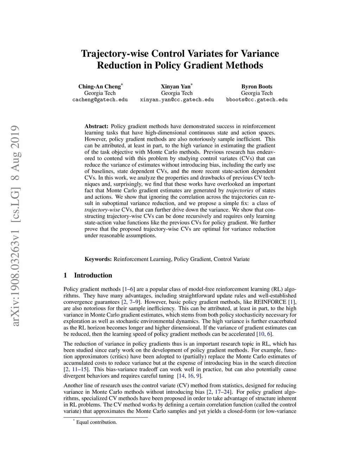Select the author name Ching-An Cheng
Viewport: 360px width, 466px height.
[x=99, y=87]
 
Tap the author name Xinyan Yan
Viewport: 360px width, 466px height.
[x=176, y=87]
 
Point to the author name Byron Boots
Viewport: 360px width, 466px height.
[x=257, y=87]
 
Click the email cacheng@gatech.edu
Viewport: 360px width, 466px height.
[x=100, y=100]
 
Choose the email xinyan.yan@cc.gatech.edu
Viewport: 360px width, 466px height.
[x=177, y=100]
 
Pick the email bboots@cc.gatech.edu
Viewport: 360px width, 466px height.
[x=257, y=100]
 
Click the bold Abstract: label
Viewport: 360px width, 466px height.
[x=96, y=126]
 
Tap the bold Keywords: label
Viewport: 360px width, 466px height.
[x=98, y=259]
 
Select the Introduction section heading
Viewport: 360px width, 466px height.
[x=93, y=275]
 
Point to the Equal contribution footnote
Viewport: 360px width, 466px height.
[x=96, y=422]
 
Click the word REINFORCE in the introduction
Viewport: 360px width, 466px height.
[x=270, y=302]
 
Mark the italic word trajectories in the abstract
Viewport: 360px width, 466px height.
[x=239, y=191]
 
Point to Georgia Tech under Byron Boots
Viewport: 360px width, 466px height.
[x=257, y=93]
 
